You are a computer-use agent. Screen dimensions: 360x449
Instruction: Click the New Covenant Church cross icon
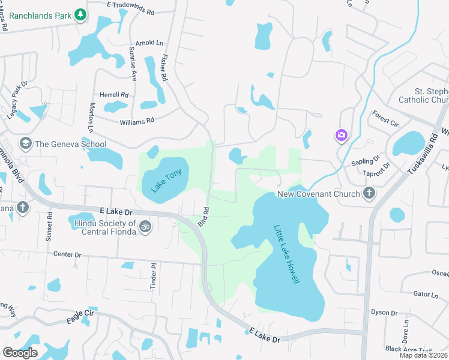point(369,193)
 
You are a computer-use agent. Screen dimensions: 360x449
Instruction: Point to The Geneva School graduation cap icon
point(25,143)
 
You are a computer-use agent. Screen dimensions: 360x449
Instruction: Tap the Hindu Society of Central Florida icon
point(144,227)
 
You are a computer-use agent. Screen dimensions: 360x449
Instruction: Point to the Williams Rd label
point(136,121)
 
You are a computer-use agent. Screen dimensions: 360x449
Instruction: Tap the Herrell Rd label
point(114,95)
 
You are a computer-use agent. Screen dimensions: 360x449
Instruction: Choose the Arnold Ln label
point(149,43)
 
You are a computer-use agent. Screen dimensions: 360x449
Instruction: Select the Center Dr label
point(67,254)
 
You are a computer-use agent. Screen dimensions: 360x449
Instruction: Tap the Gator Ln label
point(426,295)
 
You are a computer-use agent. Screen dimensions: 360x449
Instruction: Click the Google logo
point(20,352)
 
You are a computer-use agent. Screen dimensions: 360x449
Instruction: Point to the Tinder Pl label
point(154,275)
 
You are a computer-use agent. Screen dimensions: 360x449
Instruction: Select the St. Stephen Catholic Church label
point(424,95)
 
